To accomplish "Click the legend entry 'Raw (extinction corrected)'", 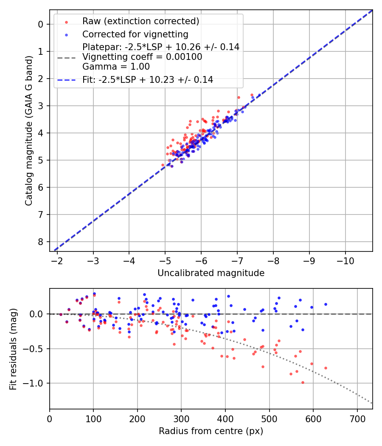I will click(x=140, y=21).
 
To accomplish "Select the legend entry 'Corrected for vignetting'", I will click(x=135, y=34).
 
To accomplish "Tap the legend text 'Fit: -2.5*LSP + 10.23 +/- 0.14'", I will click(x=148, y=79).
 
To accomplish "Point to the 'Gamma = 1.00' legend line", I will click(x=116, y=66).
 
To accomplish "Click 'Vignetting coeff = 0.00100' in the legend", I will click(x=142, y=57).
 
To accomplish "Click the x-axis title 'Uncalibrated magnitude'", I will click(x=211, y=273).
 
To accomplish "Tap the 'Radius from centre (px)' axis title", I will click(x=211, y=431).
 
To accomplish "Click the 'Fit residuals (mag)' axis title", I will click(x=13, y=349).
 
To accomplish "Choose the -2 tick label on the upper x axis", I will click(x=57, y=260).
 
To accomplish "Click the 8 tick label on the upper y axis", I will click(x=41, y=242).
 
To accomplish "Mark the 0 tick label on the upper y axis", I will click(x=41, y=24).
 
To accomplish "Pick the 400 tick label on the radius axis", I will click(x=225, y=418).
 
